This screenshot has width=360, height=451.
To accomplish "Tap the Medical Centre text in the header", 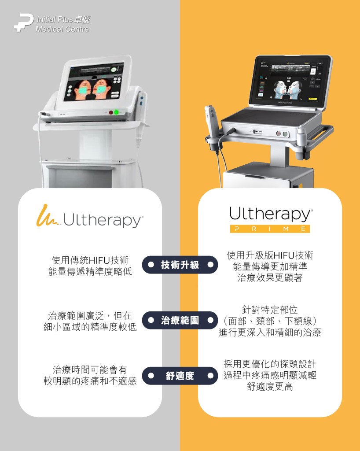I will click(x=62, y=30).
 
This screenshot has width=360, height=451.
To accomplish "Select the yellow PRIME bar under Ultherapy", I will click(x=270, y=229).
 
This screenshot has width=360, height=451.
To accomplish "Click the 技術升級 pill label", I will click(x=180, y=265).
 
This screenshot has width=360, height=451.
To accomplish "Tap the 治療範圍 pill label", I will click(x=180, y=320).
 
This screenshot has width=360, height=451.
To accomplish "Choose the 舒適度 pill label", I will click(x=180, y=376).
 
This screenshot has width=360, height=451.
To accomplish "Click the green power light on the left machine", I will click(x=117, y=112).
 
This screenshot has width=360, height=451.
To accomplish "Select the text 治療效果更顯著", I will click(x=270, y=278).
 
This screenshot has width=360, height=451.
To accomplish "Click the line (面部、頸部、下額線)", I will click(x=270, y=321).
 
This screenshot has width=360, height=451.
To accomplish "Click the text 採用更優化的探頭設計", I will click(x=270, y=364).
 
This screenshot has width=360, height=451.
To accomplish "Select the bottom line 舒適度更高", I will click(x=270, y=387).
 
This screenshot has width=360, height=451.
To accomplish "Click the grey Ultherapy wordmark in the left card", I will click(x=103, y=220).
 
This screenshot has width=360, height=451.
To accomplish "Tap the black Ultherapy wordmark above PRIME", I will click(x=270, y=214).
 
